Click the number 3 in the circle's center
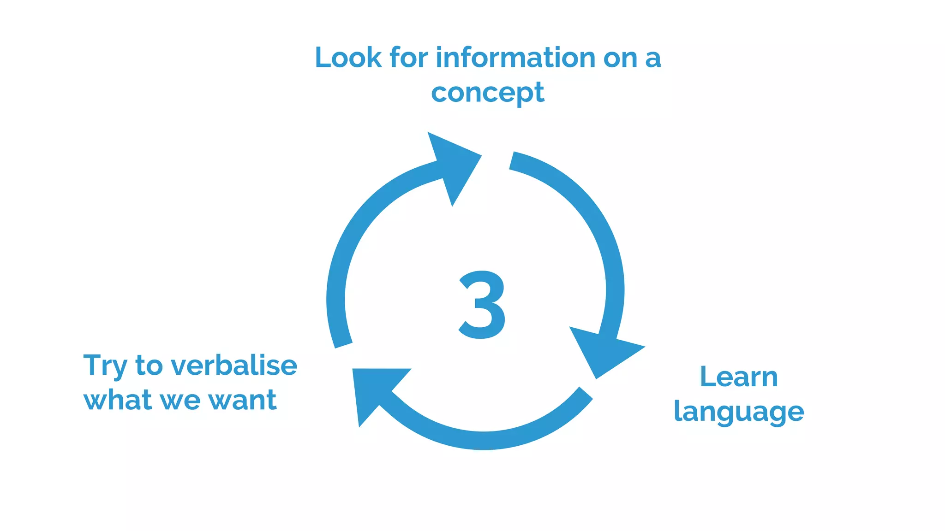[x=483, y=305]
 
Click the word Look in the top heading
[x=348, y=58]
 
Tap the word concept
[x=487, y=93]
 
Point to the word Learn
[x=739, y=377]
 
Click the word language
[x=739, y=412]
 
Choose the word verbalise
[x=234, y=366]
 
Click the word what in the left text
[x=118, y=400]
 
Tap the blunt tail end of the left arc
[x=343, y=344]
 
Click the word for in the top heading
[x=409, y=58]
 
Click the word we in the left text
[x=180, y=400]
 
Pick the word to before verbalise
[x=149, y=366]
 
